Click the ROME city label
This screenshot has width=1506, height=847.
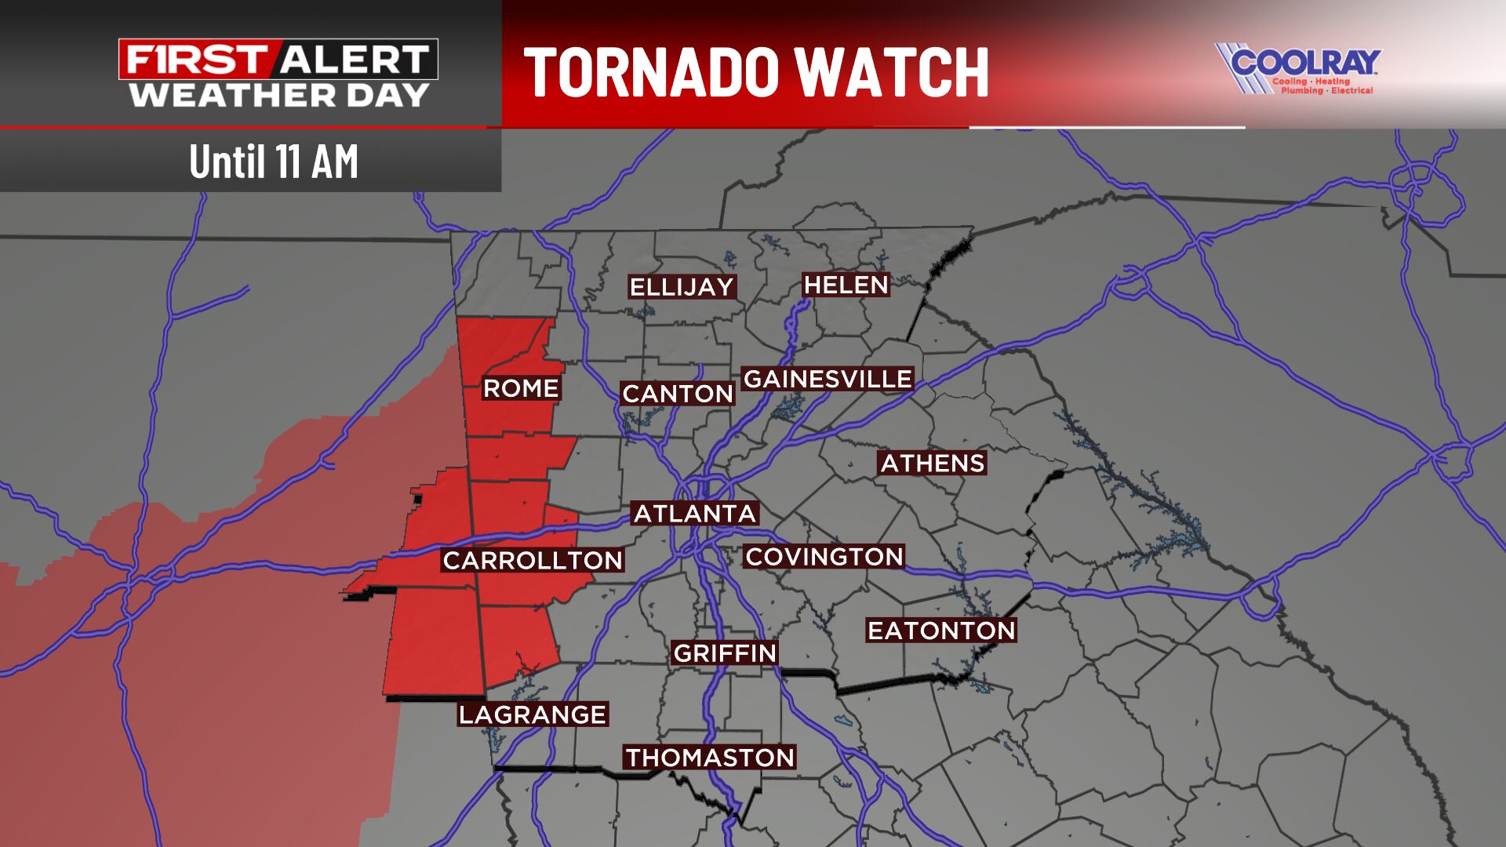pyautogui.click(x=521, y=388)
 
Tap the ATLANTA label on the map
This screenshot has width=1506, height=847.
pyautogui.click(x=695, y=514)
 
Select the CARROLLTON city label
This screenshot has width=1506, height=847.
pyautogui.click(x=533, y=560)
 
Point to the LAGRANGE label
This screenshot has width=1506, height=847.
pyautogui.click(x=533, y=714)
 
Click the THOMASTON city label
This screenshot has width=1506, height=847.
pyautogui.click(x=710, y=758)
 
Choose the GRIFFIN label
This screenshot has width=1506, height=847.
pyautogui.click(x=725, y=653)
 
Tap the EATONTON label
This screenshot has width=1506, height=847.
pyautogui.click(x=941, y=631)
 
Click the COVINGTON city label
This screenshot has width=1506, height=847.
pyautogui.click(x=824, y=557)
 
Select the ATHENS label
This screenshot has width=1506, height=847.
pyautogui.click(x=933, y=463)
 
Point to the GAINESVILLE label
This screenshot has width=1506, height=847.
pyautogui.click(x=828, y=379)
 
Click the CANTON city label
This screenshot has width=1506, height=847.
pyautogui.click(x=678, y=394)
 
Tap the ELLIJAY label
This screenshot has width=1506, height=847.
pyautogui.click(x=682, y=287)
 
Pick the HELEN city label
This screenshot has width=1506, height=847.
pyautogui.click(x=846, y=285)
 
